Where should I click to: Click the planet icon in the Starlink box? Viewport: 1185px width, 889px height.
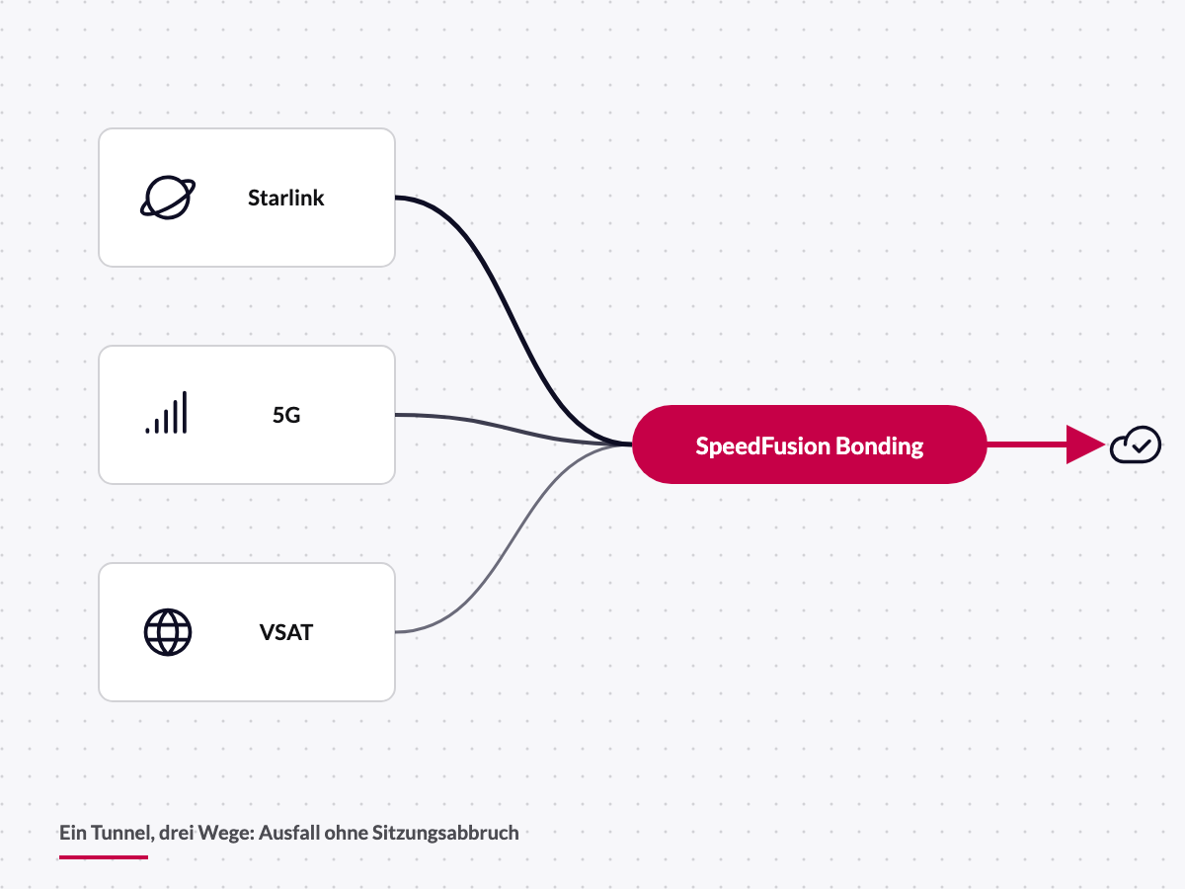pyautogui.click(x=168, y=198)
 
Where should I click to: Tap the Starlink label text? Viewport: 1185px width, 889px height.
pyautogui.click(x=286, y=199)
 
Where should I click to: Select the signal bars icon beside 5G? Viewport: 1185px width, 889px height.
pyautogui.click(x=167, y=412)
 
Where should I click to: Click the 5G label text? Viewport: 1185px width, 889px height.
pyautogui.click(x=286, y=415)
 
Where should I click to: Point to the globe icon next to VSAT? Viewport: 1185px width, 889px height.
pyautogui.click(x=168, y=632)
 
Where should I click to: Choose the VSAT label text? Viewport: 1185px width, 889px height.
pyautogui.click(x=286, y=632)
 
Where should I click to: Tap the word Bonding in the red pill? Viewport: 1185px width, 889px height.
pyautogui.click(x=880, y=446)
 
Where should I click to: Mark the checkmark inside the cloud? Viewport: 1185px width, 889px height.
pyautogui.click(x=1142, y=445)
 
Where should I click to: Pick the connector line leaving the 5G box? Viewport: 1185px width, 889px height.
pyautogui.click(x=513, y=430)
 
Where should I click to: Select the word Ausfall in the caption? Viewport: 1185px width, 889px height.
pyautogui.click(x=289, y=833)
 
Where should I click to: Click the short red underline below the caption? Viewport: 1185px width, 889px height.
pyautogui.click(x=104, y=856)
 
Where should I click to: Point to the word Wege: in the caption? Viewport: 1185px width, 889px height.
pyautogui.click(x=226, y=834)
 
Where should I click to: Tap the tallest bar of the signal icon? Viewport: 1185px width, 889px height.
pyautogui.click(x=185, y=412)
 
